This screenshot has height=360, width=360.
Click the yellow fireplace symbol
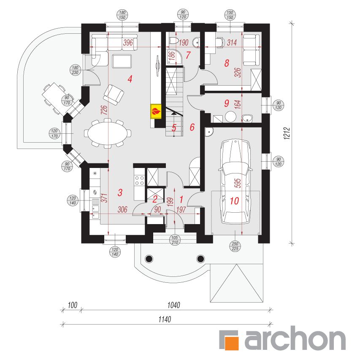pos(156,111)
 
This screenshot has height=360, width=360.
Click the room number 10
pos(234,201)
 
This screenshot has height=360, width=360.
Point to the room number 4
pos(130,79)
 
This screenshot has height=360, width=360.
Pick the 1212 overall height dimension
pos(287,133)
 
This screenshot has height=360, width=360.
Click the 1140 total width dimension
pos(165,319)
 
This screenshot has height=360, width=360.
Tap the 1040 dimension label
pos(173,305)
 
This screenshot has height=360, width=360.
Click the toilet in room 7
pos(174,41)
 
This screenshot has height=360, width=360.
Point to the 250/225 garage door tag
pos(235,246)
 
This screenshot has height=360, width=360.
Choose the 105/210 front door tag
pos(175,240)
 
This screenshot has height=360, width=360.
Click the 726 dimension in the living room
pos(104,110)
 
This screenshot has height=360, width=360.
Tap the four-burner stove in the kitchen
pos(139,181)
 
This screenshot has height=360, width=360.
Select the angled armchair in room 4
pos(114,95)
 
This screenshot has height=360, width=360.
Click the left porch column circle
pos(149,259)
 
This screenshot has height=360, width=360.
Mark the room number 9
pos(227,103)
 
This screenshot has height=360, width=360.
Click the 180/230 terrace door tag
pos(75,70)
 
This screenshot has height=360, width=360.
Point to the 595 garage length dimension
pos(238,183)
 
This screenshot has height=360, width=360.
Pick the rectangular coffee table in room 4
pos(122,61)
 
